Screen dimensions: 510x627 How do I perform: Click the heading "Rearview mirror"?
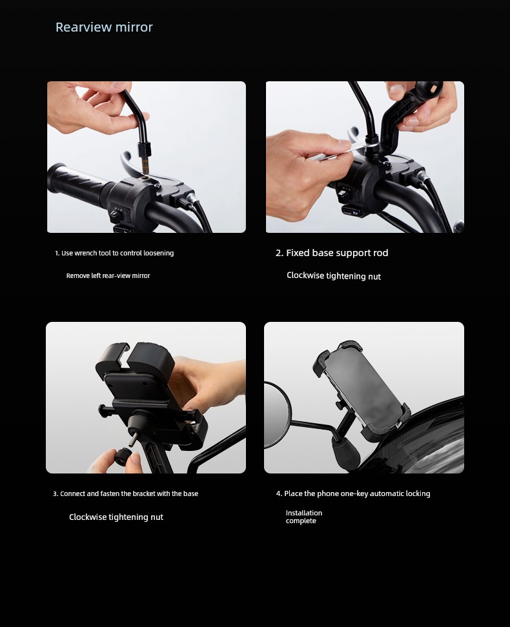(104, 27)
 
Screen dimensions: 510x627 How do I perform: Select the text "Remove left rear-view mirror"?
(108, 275)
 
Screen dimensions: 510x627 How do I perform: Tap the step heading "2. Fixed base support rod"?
(332, 253)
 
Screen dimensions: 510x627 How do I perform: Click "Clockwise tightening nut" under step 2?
(334, 276)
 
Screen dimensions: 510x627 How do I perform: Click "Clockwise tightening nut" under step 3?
(116, 517)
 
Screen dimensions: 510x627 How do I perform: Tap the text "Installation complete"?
(304, 517)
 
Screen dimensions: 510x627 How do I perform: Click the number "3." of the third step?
(56, 494)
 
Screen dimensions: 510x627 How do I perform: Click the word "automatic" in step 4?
(387, 493)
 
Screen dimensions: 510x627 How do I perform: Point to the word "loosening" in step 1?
(159, 253)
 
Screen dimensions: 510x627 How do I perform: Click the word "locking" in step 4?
(418, 493)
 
